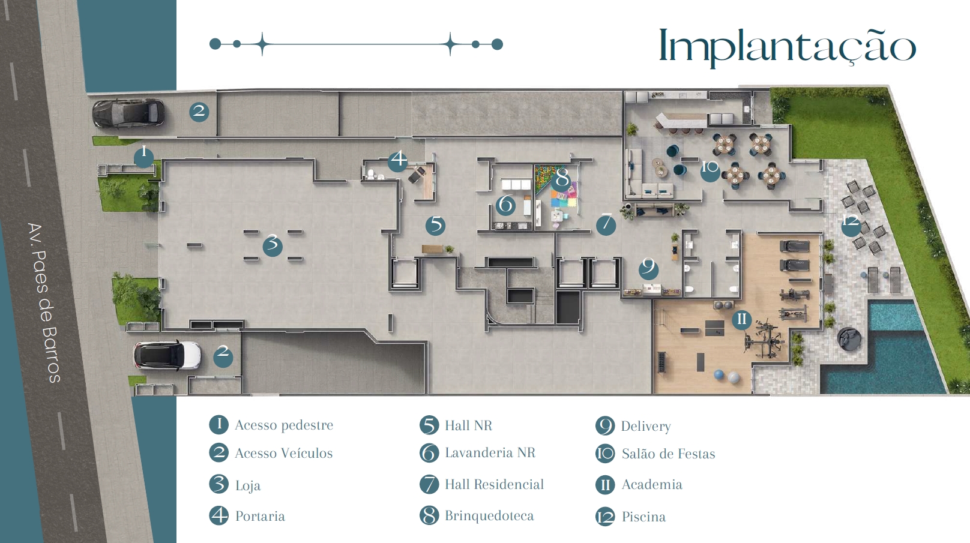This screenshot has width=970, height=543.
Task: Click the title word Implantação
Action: [x=788, y=46]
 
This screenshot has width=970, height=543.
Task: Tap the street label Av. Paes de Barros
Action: [x=44, y=302]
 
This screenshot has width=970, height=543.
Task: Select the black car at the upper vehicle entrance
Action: [x=128, y=113]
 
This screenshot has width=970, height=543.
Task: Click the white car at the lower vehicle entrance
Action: [x=167, y=356]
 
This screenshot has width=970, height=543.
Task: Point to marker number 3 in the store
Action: [x=273, y=246]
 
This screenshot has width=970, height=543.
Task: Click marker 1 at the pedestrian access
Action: [x=144, y=157]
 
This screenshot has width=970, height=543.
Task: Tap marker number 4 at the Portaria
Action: [x=397, y=161]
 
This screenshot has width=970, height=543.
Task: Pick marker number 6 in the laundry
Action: [x=505, y=205]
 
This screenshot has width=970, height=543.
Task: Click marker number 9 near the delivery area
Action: [x=649, y=269]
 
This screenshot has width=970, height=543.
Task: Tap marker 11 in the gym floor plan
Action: [x=742, y=320]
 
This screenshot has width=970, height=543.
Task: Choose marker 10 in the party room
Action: [x=710, y=170]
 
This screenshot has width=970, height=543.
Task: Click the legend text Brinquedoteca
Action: [x=489, y=516]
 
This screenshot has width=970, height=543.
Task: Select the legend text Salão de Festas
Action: [x=668, y=454]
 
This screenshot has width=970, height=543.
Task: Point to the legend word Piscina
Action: [x=643, y=517]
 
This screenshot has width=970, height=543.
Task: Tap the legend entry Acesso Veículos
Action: [x=284, y=453]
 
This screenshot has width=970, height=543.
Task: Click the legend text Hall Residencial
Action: [x=494, y=484]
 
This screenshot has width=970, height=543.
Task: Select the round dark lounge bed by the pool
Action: [x=849, y=338]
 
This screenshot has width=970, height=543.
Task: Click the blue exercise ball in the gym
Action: [x=719, y=375]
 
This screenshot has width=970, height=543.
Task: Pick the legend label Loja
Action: [x=248, y=486]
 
